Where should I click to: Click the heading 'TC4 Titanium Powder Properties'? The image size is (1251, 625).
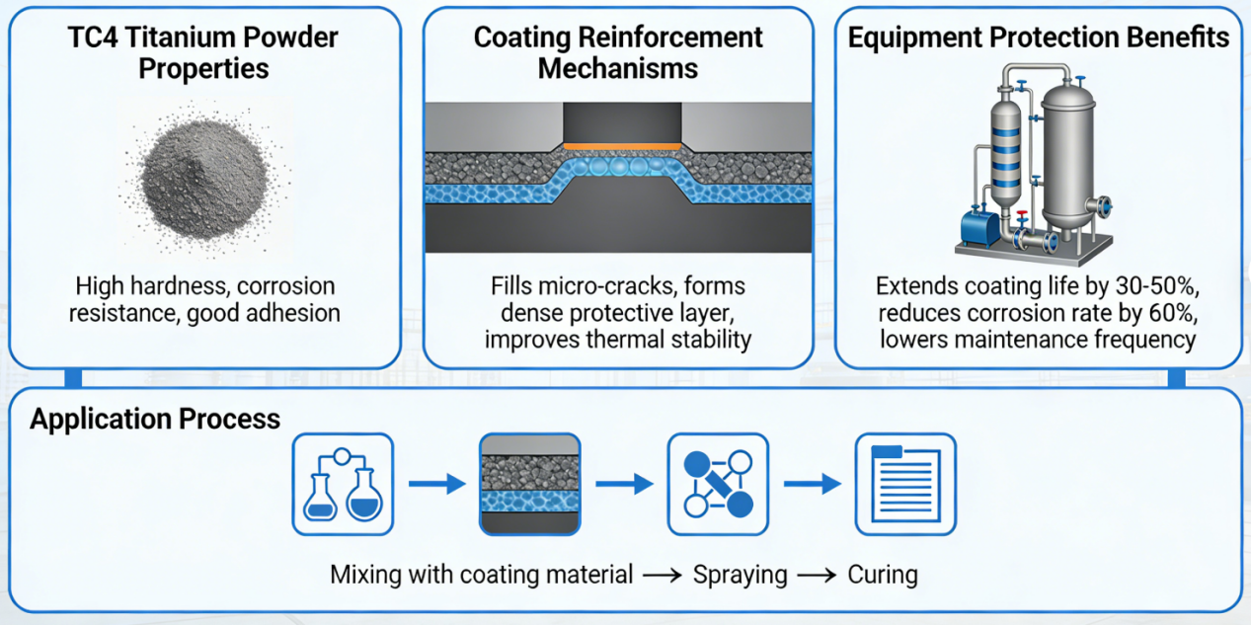(203, 53)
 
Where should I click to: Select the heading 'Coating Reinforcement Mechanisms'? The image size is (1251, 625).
(618, 53)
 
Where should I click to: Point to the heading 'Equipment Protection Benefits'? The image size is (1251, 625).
(1039, 38)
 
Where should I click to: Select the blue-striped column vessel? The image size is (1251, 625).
(1006, 148)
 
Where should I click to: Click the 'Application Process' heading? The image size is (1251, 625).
(155, 419)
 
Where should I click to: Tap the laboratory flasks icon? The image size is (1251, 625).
(343, 485)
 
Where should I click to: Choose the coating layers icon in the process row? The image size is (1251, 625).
(529, 484)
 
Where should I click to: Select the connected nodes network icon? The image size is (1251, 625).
(718, 484)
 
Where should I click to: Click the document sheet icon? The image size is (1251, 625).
(904, 484)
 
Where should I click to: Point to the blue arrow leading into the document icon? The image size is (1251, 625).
(812, 484)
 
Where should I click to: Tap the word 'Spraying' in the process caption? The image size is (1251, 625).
(740, 575)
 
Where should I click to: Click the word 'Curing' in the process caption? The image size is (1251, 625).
(882, 575)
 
